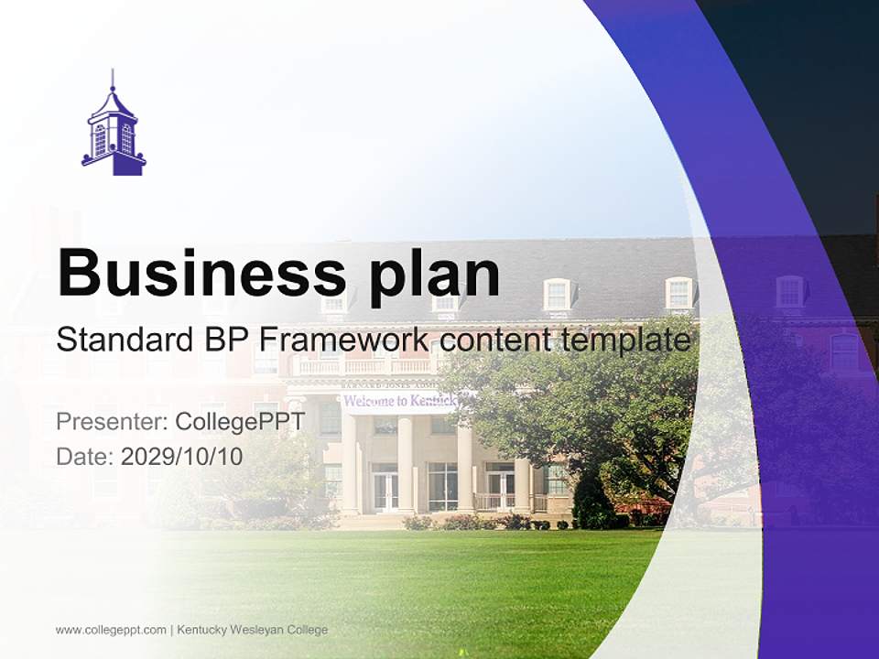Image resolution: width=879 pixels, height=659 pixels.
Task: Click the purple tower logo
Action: (114, 128)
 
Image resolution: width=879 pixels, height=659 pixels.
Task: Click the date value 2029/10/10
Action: (182, 456)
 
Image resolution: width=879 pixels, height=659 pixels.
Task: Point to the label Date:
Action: (85, 456)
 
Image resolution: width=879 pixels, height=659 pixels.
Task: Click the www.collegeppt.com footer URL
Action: (111, 630)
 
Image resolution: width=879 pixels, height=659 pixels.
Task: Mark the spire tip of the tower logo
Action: (113, 71)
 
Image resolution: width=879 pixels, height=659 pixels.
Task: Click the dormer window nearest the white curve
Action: (678, 293)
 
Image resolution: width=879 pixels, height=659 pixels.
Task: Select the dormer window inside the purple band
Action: (789, 292)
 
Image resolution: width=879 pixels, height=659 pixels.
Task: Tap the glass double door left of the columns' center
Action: (385, 490)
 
